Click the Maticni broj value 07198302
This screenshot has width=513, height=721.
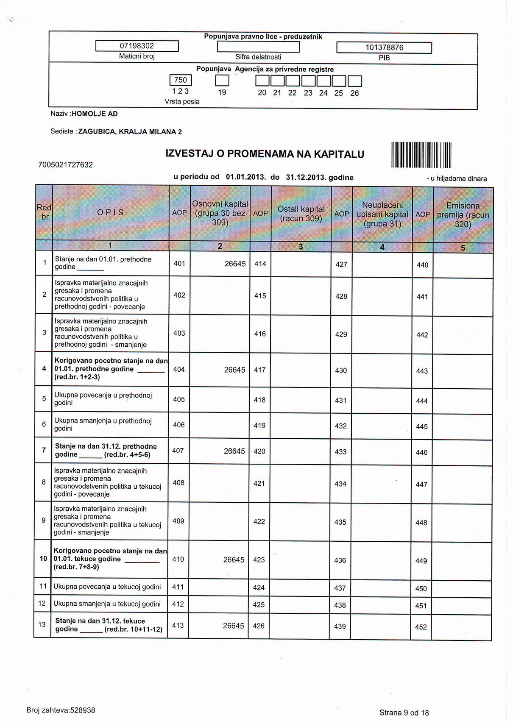click(x=137, y=46)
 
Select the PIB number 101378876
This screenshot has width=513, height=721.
click(x=384, y=48)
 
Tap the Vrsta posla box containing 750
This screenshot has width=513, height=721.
click(x=181, y=80)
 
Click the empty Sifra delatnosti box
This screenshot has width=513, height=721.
click(x=258, y=47)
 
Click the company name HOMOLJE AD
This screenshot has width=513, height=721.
click(x=95, y=114)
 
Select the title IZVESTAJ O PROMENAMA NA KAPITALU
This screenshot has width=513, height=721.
click(x=265, y=154)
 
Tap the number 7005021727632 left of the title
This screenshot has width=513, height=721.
click(x=65, y=164)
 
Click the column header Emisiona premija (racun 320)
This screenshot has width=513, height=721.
click(x=463, y=215)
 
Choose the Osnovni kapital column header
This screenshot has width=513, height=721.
click(x=220, y=213)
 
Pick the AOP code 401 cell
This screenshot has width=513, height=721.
click(x=179, y=263)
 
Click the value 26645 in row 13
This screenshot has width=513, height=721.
click(x=233, y=626)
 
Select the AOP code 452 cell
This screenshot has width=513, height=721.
click(x=421, y=627)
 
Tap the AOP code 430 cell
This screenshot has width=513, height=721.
click(x=341, y=370)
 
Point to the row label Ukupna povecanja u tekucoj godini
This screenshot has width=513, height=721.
click(x=107, y=587)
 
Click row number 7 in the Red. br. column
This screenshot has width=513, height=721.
click(x=44, y=450)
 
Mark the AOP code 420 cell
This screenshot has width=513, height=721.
click(x=259, y=451)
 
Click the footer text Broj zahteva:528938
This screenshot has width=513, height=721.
click(x=61, y=710)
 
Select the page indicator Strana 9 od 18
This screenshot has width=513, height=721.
click(x=404, y=713)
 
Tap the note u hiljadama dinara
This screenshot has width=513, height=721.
click(x=457, y=179)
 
